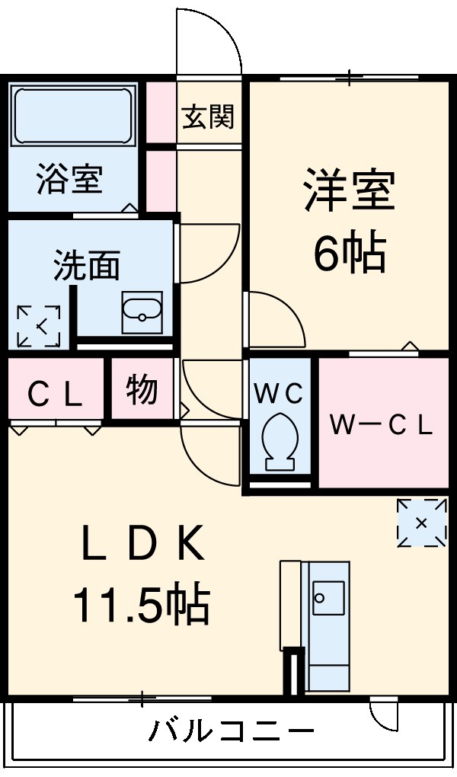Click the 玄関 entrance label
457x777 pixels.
(x=208, y=117)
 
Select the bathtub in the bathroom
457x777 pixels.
(x=73, y=116)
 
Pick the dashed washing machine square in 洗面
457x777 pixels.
(x=39, y=327)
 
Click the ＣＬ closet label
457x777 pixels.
(x=55, y=394)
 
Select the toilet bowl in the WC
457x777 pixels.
(x=279, y=441)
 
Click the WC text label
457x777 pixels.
(x=279, y=393)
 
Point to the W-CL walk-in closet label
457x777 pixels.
(x=381, y=424)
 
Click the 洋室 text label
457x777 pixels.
(x=350, y=190)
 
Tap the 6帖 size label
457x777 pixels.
(x=350, y=254)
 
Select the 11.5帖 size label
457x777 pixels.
(x=141, y=606)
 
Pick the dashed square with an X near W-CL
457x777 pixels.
(x=422, y=523)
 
